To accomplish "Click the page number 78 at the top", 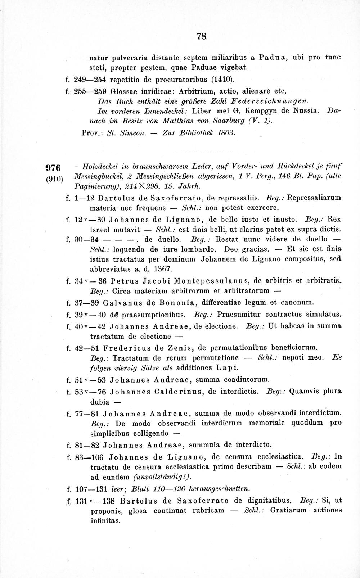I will coord(201,36).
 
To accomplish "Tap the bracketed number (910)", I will coord(55,179).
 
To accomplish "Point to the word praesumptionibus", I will coord(154,315).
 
